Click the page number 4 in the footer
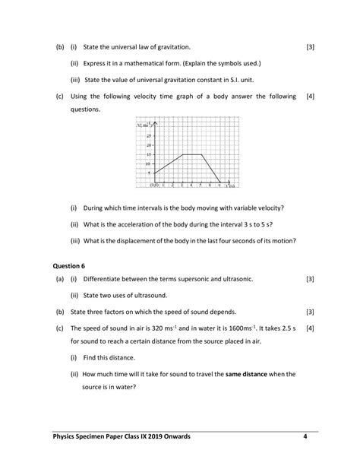point(304,436)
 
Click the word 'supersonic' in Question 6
point(189,280)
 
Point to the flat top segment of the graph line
point(191,154)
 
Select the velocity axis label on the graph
point(141,125)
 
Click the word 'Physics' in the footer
point(65,436)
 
